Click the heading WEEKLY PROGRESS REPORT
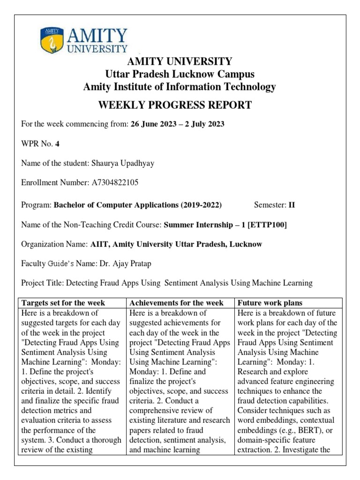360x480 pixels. [174, 105]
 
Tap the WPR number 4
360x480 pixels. [58, 144]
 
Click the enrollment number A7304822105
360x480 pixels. [115, 182]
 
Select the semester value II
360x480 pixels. [292, 205]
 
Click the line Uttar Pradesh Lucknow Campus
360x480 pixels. [180, 74]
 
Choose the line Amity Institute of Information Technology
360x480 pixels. [180, 87]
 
